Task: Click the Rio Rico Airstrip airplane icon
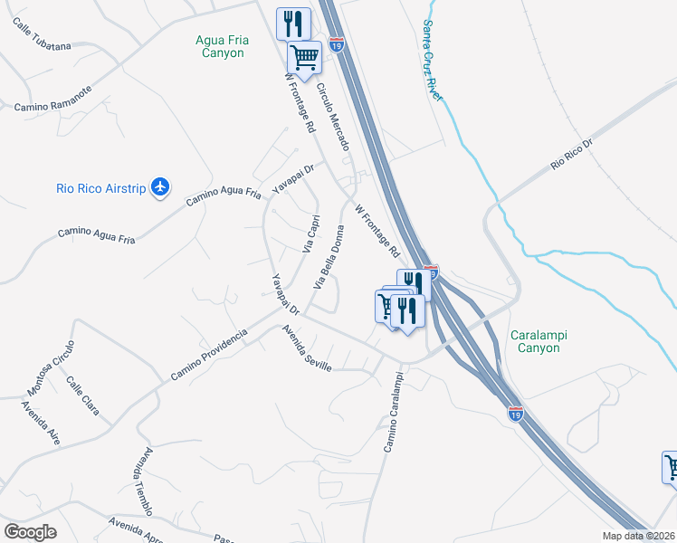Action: (161, 186)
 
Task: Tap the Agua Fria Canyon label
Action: (220, 46)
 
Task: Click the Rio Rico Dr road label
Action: (571, 155)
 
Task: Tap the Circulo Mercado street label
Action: (332, 117)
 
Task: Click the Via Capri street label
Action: (309, 233)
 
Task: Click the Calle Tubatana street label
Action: (42, 33)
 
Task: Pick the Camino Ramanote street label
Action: (52, 99)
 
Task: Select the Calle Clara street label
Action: (82, 395)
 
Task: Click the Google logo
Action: (31, 531)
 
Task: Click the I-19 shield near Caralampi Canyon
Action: (515, 414)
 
